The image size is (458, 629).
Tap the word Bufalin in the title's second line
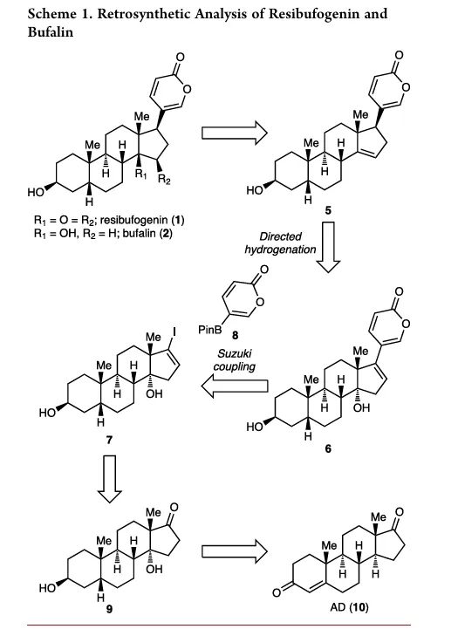point(51,31)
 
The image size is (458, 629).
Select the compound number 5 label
point(328,209)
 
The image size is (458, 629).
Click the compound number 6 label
point(328,448)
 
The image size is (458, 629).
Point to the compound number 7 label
point(109,440)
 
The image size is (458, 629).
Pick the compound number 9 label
point(109,609)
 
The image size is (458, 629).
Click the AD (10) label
point(349,607)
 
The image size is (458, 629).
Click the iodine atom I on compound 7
point(174,332)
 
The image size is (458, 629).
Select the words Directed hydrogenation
point(280,243)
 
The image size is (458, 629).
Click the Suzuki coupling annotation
point(234,359)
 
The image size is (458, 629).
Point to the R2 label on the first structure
point(164,180)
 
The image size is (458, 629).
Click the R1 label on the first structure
point(140,174)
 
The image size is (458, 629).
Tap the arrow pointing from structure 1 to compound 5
point(234,133)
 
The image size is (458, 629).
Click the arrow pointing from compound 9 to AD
point(234,551)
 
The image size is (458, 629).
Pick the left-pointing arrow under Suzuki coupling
point(234,386)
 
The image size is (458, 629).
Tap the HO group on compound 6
point(254,427)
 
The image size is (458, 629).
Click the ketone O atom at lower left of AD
point(277,592)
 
